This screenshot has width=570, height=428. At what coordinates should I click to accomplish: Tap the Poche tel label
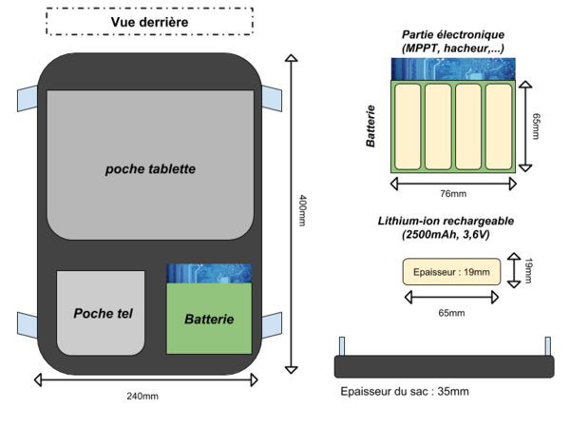point(103,313)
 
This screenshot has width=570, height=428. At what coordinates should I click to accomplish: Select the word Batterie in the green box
point(209,320)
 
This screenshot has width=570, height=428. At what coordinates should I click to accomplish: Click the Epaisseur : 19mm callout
point(451,272)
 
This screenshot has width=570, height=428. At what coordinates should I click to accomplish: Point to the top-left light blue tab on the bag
point(27,98)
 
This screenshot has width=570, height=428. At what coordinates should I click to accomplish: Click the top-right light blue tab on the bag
point(273,98)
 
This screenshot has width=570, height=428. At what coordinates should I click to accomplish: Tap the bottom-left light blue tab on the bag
point(27,323)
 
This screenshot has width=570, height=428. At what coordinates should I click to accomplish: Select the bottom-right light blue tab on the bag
point(273,323)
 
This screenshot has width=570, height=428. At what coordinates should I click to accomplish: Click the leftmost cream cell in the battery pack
point(408,126)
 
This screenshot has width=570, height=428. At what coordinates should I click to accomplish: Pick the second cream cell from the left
point(438,126)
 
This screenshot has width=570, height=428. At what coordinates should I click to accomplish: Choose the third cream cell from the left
point(468,126)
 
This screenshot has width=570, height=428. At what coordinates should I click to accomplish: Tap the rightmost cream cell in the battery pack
point(499,126)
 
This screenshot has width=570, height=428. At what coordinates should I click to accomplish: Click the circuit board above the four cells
point(453,68)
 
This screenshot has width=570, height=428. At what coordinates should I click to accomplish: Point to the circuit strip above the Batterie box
point(209,274)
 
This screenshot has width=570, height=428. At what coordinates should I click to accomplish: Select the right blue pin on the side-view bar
point(547,346)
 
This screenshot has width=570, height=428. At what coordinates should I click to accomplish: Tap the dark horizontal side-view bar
point(444,366)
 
